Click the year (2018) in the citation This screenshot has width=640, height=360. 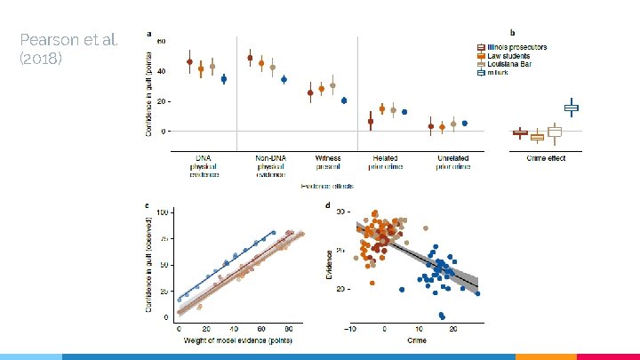pyautogui.click(x=40, y=59)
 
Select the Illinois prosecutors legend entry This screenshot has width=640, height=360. pyautogui.click(x=516, y=46)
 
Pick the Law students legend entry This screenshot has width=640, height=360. pyautogui.click(x=509, y=56)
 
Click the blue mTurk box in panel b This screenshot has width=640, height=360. pyautogui.click(x=571, y=108)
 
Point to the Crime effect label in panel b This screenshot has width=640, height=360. pyautogui.click(x=541, y=158)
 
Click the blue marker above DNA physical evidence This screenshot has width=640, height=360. pyautogui.click(x=224, y=79)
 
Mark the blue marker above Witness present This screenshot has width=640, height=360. pyautogui.click(x=344, y=100)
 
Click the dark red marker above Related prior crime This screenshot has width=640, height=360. pyautogui.click(x=371, y=122)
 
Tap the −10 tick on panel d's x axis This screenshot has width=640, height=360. pyautogui.click(x=352, y=328)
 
